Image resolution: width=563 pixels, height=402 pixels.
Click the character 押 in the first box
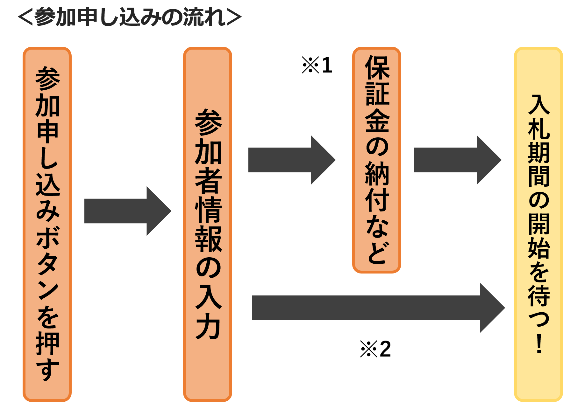(x=47, y=343)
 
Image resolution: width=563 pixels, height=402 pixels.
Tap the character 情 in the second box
(x=208, y=210)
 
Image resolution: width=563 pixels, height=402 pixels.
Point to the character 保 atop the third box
(x=377, y=67)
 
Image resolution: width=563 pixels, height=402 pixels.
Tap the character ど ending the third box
(x=377, y=253)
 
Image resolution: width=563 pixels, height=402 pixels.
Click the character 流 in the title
(x=193, y=17)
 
